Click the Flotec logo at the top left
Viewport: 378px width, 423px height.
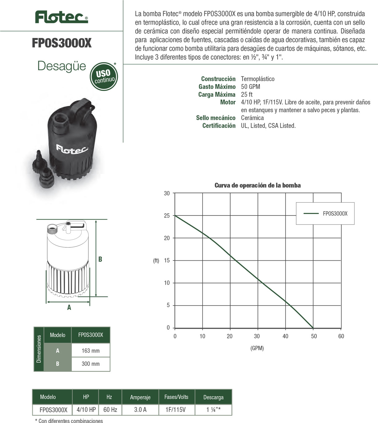click(x=61, y=17)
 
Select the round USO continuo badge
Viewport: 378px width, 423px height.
click(x=104, y=76)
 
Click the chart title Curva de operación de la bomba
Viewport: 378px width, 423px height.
click(x=257, y=185)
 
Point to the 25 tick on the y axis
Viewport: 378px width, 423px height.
click(x=167, y=216)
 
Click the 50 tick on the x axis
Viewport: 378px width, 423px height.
click(x=314, y=336)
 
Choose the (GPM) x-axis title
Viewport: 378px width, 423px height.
click(x=257, y=348)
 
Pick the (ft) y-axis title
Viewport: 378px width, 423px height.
click(x=156, y=261)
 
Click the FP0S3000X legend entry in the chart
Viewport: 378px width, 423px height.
click(x=335, y=213)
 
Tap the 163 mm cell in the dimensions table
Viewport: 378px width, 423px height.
click(x=91, y=351)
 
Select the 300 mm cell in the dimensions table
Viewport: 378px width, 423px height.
click(x=91, y=364)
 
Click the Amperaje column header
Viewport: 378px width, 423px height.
click(x=140, y=397)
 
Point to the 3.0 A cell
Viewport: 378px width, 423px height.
click(x=140, y=410)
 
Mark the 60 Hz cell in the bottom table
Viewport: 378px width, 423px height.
click(x=110, y=410)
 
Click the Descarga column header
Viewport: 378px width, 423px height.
click(x=213, y=397)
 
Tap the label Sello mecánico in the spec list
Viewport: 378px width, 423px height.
click(x=216, y=118)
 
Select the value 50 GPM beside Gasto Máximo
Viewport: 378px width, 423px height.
click(x=251, y=87)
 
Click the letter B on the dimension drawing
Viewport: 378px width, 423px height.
click(x=100, y=259)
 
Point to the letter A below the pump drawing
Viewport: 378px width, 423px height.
click(x=69, y=307)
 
